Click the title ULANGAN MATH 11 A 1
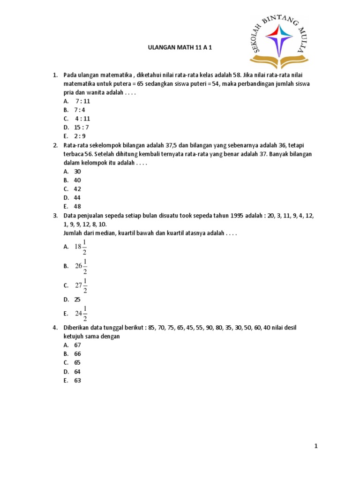180,48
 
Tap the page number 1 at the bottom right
316,447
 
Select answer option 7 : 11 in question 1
82,101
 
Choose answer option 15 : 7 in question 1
81,127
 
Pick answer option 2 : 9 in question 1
80,136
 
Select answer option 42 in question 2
78,189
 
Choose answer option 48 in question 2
78,206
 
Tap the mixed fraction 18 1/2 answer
81,247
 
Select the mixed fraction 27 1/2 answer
81,285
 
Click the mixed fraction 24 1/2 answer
81,314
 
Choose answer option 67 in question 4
78,345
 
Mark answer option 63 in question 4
78,381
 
